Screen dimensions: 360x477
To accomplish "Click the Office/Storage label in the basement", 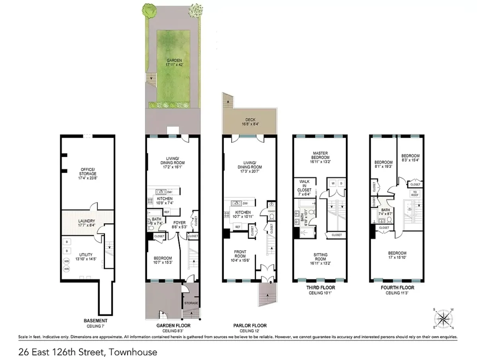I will click(88, 171).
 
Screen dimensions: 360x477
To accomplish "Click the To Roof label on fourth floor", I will click(415, 193).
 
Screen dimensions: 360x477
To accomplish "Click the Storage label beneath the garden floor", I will click(191, 303).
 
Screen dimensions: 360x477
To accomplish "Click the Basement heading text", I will click(95, 321).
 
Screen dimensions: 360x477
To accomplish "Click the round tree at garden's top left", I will click(150, 12).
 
